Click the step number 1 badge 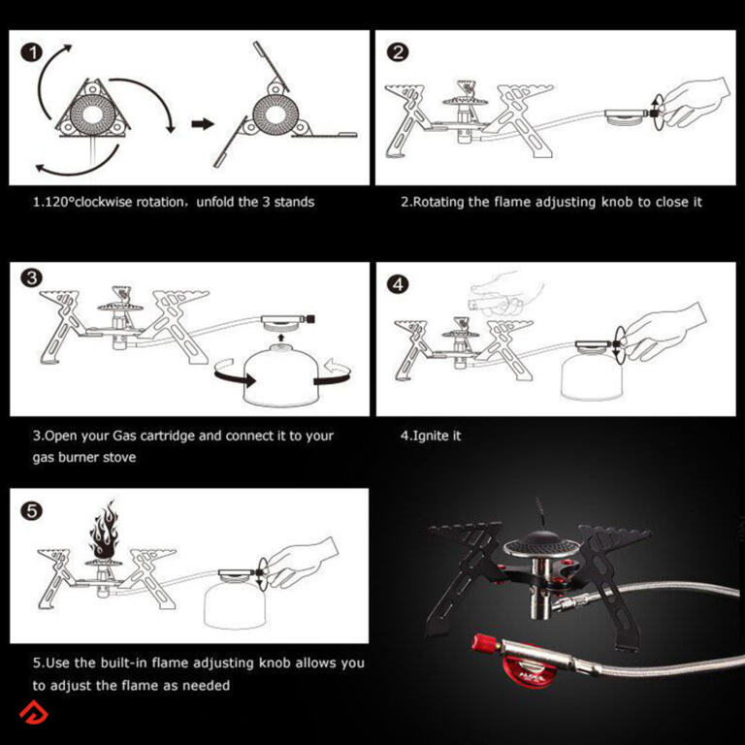pos(32,52)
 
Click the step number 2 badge pos(398,51)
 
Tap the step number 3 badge pos(31,278)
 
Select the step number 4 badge pos(398,284)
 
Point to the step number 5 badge pos(31,511)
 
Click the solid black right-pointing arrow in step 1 pos(203,124)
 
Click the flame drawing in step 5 pos(103,530)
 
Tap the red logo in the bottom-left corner pos(33,713)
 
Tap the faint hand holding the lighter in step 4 pos(506,295)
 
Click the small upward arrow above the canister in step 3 pos(280,338)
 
